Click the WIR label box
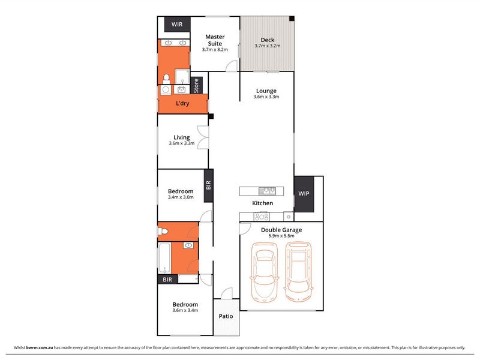(x=177, y=24)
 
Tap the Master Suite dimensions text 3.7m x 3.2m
(x=215, y=50)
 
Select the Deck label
(x=268, y=40)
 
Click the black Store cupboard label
(x=196, y=85)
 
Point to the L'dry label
(x=182, y=103)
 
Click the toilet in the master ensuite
(x=166, y=79)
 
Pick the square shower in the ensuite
(x=182, y=76)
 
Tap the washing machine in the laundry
(x=166, y=89)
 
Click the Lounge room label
(x=266, y=91)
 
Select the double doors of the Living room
(x=203, y=137)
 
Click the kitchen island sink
(x=267, y=191)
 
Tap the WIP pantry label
(x=304, y=193)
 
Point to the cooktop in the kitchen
(x=262, y=217)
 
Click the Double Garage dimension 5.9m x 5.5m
(x=281, y=236)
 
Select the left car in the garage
(x=265, y=272)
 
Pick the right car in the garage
(x=298, y=272)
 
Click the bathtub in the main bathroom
(x=164, y=258)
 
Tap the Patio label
(x=226, y=316)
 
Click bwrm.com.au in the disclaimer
(x=40, y=347)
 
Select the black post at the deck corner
(x=292, y=19)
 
